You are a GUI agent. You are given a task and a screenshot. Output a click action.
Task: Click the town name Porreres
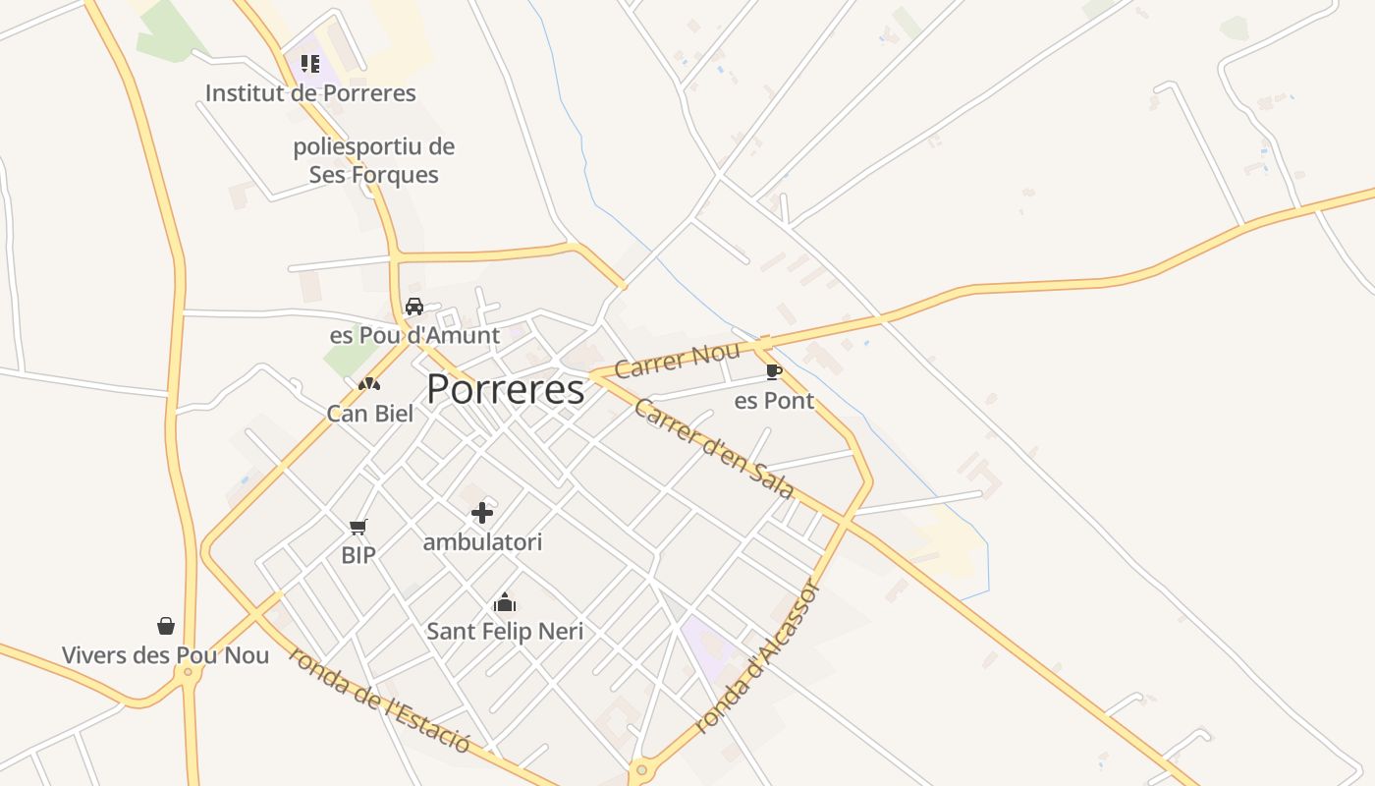click(506, 390)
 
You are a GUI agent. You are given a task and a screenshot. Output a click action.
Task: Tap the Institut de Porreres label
click(310, 93)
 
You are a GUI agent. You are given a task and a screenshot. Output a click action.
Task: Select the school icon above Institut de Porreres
click(310, 65)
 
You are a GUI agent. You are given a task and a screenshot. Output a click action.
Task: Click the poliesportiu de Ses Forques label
click(374, 161)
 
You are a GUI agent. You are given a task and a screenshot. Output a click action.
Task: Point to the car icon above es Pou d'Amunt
click(414, 307)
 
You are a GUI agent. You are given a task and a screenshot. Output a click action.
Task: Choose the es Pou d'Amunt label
click(414, 335)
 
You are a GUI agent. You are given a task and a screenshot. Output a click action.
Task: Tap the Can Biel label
click(370, 414)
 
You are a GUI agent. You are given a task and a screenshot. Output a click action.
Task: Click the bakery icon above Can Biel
click(369, 384)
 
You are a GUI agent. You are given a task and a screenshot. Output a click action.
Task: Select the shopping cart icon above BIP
click(358, 528)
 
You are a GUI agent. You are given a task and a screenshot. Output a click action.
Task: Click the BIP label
click(358, 555)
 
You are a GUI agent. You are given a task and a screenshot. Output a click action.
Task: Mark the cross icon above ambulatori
click(482, 513)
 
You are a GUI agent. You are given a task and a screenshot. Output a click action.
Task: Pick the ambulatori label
click(482, 542)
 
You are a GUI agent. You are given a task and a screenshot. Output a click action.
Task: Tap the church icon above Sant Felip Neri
click(505, 602)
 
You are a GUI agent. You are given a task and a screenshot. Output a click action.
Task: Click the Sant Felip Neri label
click(505, 632)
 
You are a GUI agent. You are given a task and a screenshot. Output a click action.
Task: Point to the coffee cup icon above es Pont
click(774, 371)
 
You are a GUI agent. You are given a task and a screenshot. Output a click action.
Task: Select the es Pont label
click(774, 401)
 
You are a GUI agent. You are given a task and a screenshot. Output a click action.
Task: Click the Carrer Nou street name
click(677, 361)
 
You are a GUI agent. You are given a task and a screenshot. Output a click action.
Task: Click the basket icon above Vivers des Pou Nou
click(166, 626)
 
